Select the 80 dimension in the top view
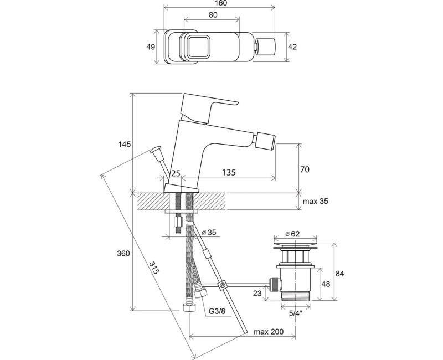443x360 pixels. point(212,16)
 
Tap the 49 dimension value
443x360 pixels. point(150,47)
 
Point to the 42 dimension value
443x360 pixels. point(293,47)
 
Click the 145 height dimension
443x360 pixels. point(125,145)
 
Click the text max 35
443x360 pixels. point(316,202)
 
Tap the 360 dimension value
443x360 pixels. point(123,254)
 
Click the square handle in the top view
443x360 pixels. point(197,47)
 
